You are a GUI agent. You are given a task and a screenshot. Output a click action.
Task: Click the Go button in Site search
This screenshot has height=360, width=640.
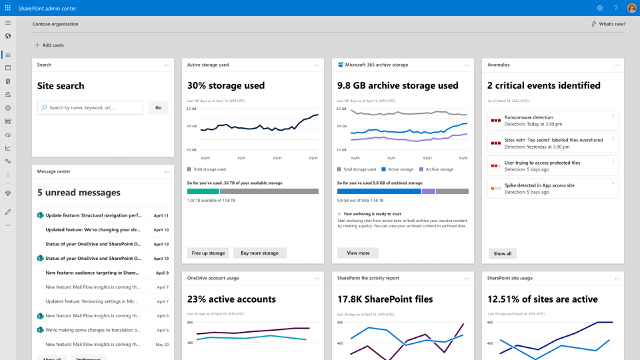pyautogui.click(x=159, y=107)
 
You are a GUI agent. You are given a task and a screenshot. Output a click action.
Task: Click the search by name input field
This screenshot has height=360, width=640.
pyautogui.click(x=90, y=107)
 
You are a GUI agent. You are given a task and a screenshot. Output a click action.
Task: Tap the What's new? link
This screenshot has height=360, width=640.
pyautogui.click(x=608, y=24)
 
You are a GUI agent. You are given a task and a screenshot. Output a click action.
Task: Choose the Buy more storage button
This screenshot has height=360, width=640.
pyautogui.click(x=259, y=253)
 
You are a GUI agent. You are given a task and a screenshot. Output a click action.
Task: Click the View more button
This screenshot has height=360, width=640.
pyautogui.click(x=358, y=253)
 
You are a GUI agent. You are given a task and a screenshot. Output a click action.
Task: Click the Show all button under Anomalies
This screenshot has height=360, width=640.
pyautogui.click(x=502, y=254)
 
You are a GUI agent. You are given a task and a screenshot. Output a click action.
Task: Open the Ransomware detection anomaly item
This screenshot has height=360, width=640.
pyautogui.click(x=552, y=121)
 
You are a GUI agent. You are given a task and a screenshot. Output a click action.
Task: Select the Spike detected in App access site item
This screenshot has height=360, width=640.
pyautogui.click(x=552, y=189)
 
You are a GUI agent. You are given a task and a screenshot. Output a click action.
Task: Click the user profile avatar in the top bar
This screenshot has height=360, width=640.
pyautogui.click(x=631, y=8)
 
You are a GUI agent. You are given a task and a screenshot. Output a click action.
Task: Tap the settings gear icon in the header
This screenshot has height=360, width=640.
pyautogui.click(x=600, y=8)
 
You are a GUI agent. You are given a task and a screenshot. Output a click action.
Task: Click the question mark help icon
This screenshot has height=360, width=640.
pyautogui.click(x=615, y=8)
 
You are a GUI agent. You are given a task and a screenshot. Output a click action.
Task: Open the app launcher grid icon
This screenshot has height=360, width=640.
pyautogui.click(x=8, y=8)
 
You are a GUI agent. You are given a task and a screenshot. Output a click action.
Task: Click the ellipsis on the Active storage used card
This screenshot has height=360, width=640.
pyautogui.click(x=317, y=65)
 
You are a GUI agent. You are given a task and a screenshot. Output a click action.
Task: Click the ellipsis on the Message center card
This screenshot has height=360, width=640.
pyautogui.click(x=167, y=172)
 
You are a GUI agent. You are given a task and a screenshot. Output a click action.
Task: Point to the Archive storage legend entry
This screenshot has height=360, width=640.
pyautogui.click(x=437, y=169)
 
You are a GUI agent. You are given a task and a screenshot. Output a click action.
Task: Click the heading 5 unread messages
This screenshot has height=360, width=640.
pyautogui.click(x=79, y=193)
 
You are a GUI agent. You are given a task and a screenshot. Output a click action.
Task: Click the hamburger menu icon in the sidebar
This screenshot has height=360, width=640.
pyautogui.click(x=8, y=23)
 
